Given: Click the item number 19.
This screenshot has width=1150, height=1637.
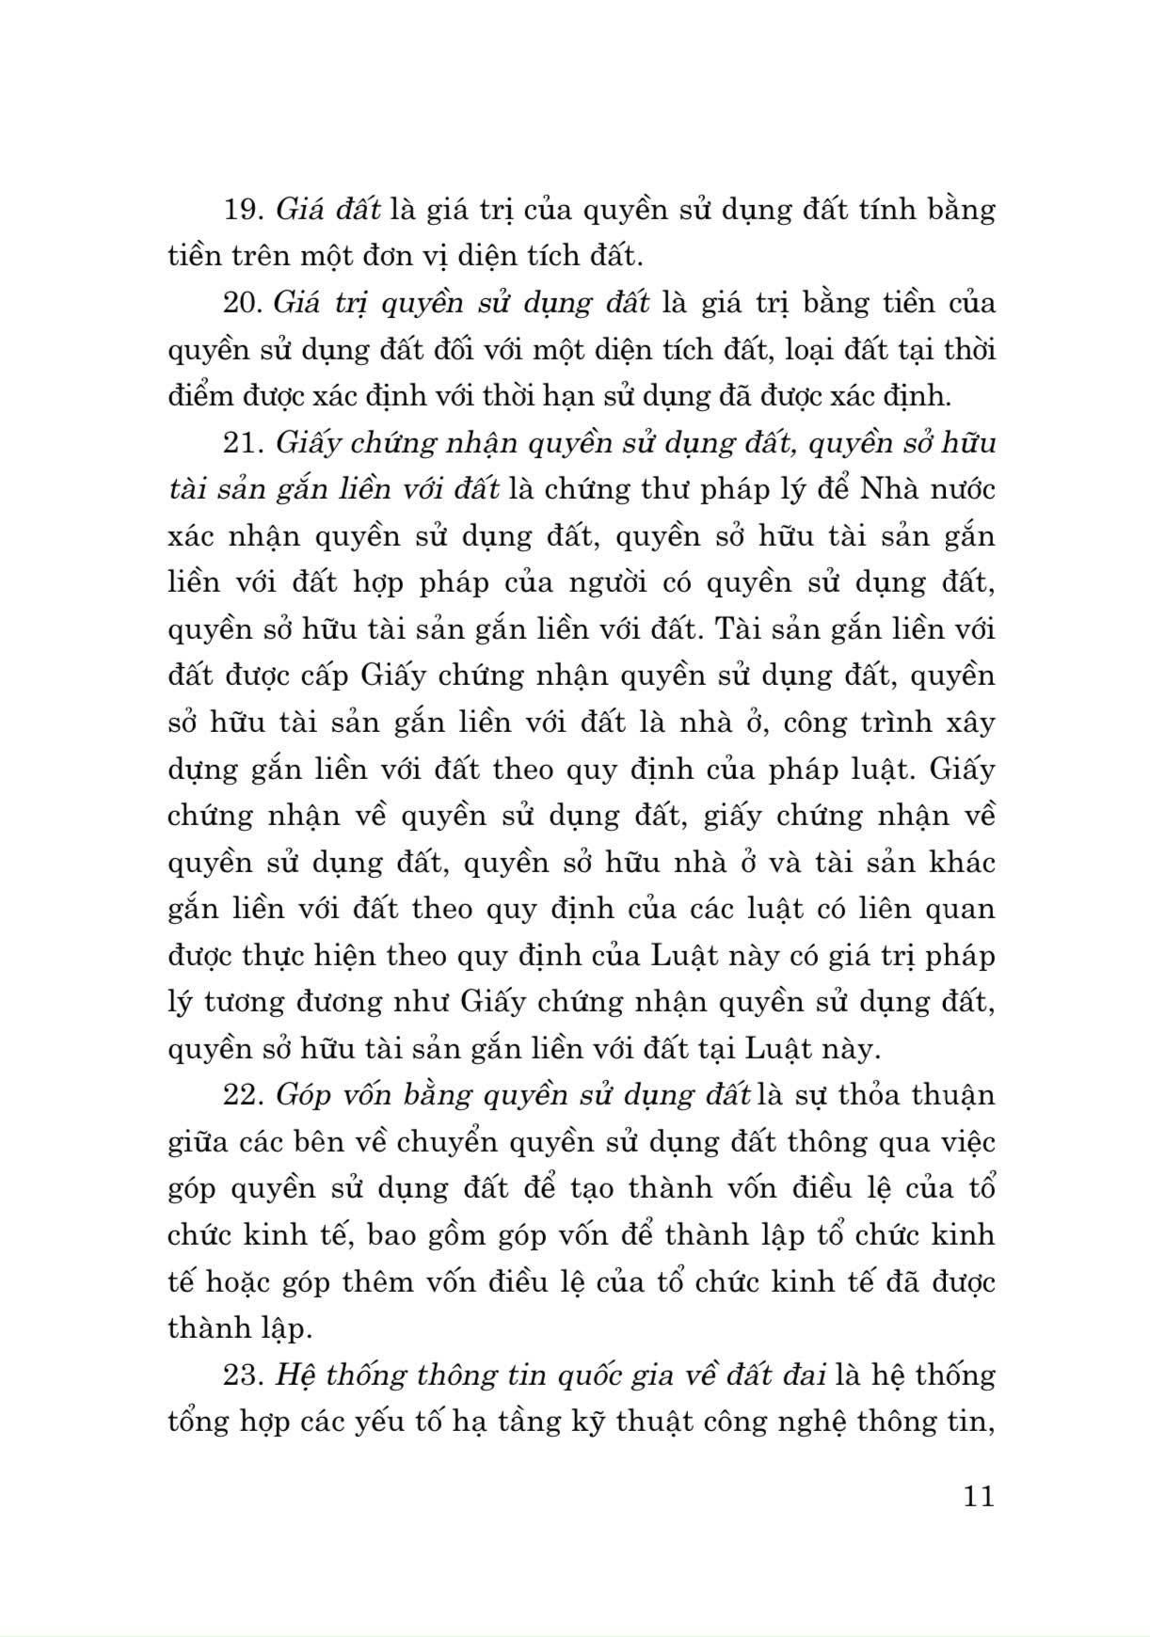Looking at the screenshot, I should point(243,210).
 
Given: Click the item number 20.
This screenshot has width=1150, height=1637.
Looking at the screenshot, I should point(243,303).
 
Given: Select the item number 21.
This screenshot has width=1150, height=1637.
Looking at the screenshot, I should point(243,443).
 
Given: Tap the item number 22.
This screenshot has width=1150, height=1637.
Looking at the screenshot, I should point(243,1096).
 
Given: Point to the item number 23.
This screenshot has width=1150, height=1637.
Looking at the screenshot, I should point(243,1375).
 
